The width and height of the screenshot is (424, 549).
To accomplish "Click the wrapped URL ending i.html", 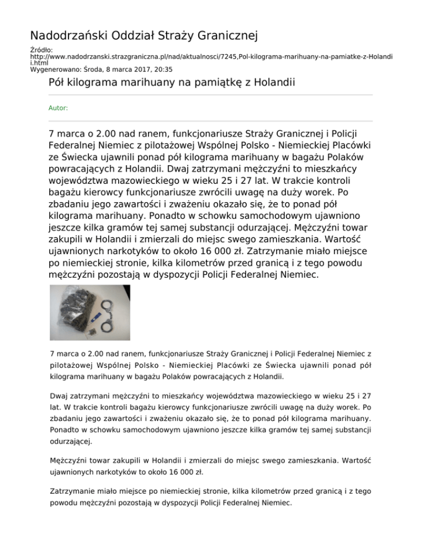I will pos(38,64).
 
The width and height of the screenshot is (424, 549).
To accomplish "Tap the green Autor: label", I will pos(59,108).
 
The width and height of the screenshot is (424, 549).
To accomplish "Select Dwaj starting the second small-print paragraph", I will pos(59,395).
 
